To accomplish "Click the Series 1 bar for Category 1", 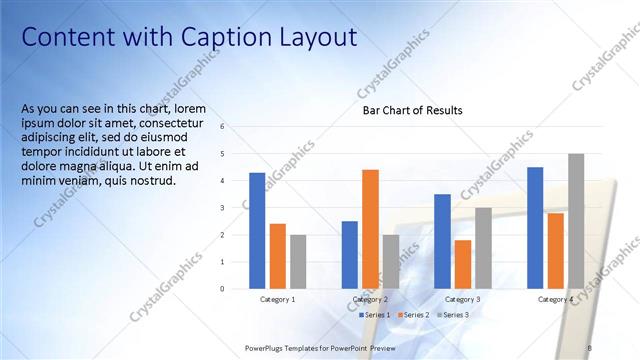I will point(257,230).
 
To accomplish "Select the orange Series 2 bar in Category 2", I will point(370,229).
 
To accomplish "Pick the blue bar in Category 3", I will point(442,241).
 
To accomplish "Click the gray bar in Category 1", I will point(298,261).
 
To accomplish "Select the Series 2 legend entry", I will point(416,315).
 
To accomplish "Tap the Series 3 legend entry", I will point(456,315).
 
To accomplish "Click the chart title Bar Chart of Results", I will point(412,110).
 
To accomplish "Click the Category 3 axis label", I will point(463,300).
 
